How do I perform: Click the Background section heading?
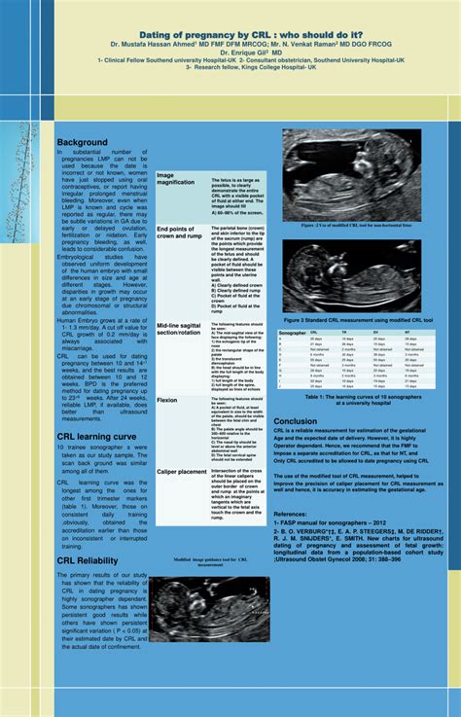pyautogui.click(x=82, y=143)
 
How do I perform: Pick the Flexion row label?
pyautogui.click(x=167, y=399)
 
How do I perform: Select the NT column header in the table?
pyautogui.click(x=407, y=333)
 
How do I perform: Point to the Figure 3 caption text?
pyautogui.click(x=357, y=318)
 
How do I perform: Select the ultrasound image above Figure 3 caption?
pyautogui.click(x=355, y=275)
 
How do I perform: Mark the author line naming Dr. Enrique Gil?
pyautogui.click(x=230, y=52)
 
